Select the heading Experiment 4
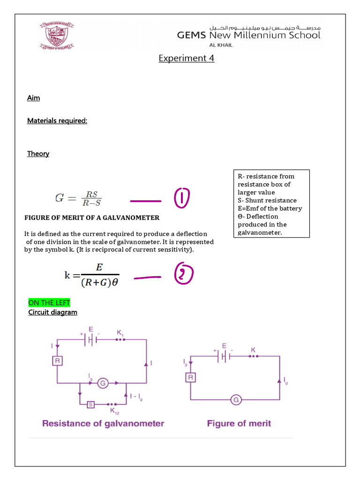(x=186, y=58)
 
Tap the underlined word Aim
(x=33, y=98)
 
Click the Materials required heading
(x=57, y=121)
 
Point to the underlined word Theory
(x=38, y=154)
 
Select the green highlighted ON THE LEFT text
(x=49, y=303)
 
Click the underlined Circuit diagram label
(x=52, y=312)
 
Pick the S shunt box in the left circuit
(x=91, y=404)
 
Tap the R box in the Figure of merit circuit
(x=190, y=377)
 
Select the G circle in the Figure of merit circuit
(x=236, y=400)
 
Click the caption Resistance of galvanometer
(x=103, y=423)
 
